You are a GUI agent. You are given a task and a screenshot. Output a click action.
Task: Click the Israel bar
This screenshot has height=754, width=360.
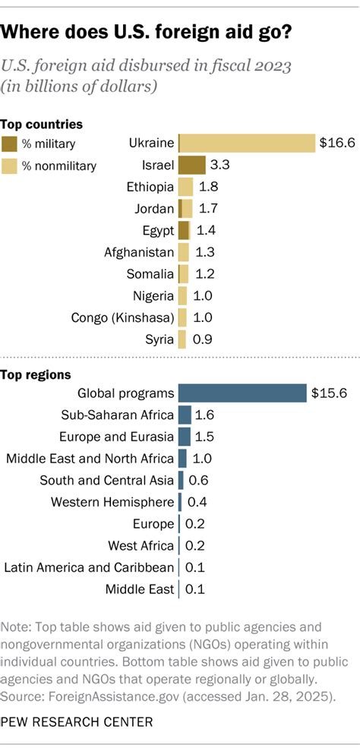(x=191, y=165)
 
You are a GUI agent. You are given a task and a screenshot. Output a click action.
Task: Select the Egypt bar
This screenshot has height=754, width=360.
(x=183, y=230)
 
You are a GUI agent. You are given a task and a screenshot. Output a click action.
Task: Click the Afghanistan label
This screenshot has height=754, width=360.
(x=139, y=252)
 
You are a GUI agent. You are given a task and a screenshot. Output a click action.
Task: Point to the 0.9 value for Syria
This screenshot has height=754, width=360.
(x=203, y=339)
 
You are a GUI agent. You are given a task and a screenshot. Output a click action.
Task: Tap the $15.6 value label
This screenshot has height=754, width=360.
(x=329, y=393)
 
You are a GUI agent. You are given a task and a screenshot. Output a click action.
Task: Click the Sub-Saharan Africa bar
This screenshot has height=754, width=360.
(x=184, y=415)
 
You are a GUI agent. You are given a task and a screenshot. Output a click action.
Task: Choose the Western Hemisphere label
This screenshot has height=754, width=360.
(x=112, y=502)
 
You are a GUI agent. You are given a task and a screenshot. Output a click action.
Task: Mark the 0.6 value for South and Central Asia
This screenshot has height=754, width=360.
(x=197, y=480)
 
